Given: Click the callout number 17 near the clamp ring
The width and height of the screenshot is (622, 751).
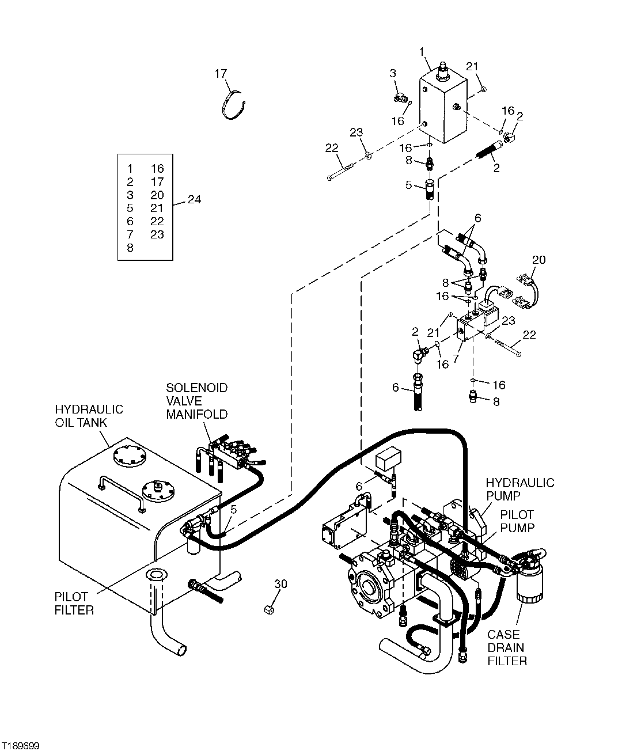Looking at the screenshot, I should [x=221, y=73].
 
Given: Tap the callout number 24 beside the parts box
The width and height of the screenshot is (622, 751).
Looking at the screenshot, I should [x=195, y=200].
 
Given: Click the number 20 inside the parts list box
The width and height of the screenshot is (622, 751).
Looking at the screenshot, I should [x=157, y=195].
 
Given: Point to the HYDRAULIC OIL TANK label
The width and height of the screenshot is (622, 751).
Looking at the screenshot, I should [x=89, y=416].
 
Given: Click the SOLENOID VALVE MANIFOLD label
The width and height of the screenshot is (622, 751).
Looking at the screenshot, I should [x=197, y=401].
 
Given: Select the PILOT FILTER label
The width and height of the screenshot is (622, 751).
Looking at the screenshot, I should [x=74, y=603].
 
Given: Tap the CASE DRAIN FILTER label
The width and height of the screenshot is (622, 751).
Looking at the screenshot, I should [x=507, y=647].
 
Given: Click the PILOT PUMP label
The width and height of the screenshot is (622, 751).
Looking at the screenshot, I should [x=517, y=521].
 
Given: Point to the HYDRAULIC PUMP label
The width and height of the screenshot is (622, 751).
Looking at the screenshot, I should [x=519, y=489].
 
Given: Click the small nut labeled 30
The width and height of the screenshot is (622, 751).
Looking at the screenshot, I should [x=268, y=609].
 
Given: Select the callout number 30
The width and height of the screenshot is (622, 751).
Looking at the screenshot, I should [x=280, y=584].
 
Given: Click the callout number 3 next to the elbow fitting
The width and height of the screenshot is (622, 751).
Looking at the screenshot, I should [x=393, y=73].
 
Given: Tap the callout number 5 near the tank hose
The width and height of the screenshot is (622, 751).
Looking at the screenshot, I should [x=234, y=509].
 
